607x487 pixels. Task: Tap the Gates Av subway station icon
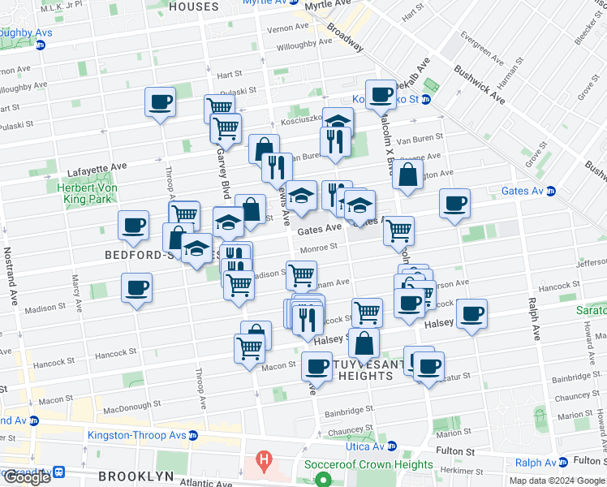pyautogui.click(x=552, y=192)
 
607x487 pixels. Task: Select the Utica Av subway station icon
pyautogui.click(x=392, y=446)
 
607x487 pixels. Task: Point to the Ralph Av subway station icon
pyautogui.click(x=563, y=463)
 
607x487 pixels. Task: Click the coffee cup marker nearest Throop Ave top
pyautogui.click(x=160, y=102)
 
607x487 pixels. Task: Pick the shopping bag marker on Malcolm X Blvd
pyautogui.click(x=407, y=175)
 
